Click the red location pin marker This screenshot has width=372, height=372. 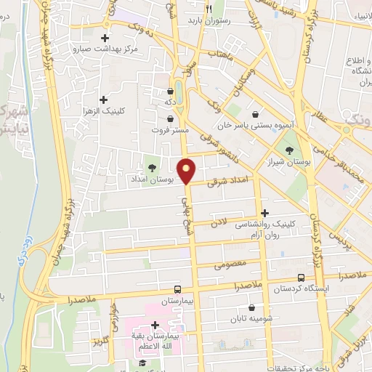pos(187,171)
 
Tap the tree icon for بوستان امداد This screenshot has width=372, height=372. pos(152,169)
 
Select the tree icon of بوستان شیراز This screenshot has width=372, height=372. pos(290,151)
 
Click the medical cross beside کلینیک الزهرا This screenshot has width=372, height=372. pos(102,100)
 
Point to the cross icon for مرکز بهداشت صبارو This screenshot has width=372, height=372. pos(106,38)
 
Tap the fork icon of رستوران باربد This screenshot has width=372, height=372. pos(209,9)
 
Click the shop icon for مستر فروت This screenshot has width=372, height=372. pos(169,118)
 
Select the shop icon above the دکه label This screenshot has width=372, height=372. pos(169,91)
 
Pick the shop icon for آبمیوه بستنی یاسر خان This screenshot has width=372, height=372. pos(256,114)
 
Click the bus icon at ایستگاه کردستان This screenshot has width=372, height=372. pos(301,278)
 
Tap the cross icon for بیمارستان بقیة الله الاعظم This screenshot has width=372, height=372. pos(154,325)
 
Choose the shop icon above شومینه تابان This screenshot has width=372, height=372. pos(250,307)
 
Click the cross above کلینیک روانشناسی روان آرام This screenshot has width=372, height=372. pos(264,214)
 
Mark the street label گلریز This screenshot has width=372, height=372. pos(100,341)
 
